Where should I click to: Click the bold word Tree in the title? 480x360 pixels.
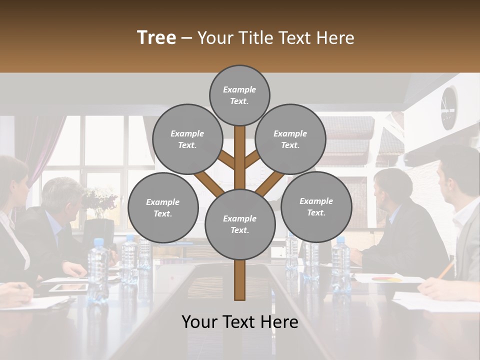[x=156, y=38]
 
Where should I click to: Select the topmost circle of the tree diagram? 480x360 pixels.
[x=239, y=95]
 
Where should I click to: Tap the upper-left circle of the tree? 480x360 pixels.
[x=187, y=139]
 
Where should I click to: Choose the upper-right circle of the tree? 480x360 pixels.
[x=290, y=139]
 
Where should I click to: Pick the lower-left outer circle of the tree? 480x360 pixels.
[x=163, y=207]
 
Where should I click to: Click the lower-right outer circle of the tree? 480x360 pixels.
[x=316, y=206]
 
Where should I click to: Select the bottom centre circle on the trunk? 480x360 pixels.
[x=239, y=224]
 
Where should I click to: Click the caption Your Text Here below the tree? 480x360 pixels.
[x=239, y=322]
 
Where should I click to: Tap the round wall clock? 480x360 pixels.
[x=448, y=107]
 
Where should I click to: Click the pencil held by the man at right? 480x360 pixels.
[x=446, y=270]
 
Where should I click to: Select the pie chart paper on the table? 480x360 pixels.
[x=387, y=278]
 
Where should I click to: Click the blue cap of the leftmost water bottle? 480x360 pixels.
[x=97, y=242]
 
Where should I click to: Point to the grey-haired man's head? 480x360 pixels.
[x=62, y=195]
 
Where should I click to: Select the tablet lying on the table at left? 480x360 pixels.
[x=69, y=287]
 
